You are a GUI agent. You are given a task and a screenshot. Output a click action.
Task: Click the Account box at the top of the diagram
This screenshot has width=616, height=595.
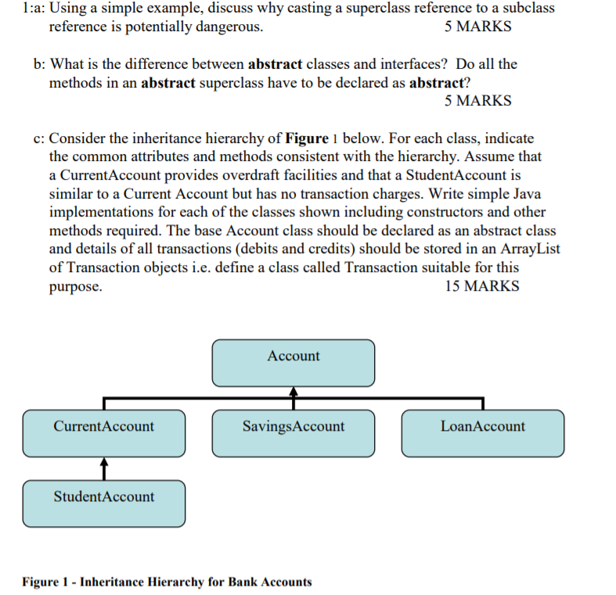(x=293, y=363)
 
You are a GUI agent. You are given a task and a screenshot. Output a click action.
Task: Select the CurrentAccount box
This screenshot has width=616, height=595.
(x=103, y=433)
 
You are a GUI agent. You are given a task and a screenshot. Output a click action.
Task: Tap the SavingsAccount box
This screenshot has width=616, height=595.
(x=293, y=433)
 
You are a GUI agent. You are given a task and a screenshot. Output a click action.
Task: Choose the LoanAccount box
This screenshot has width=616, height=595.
(x=482, y=433)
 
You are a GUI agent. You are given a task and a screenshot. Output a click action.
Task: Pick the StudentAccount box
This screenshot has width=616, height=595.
(x=103, y=503)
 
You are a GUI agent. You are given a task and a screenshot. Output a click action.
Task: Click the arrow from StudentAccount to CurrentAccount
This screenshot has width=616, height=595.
(x=103, y=468)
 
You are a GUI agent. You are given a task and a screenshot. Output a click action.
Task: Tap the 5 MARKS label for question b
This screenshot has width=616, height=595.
(x=477, y=101)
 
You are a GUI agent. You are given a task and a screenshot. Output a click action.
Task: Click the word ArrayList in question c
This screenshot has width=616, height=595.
(x=531, y=249)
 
